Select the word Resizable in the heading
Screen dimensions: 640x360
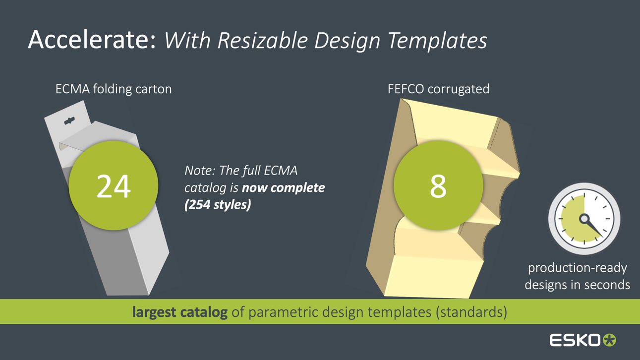point(263,40)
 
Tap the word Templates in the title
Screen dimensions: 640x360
point(437,41)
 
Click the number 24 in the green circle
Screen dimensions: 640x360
point(114,186)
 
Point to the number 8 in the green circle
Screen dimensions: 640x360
point(438,186)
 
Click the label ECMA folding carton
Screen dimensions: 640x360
point(114,89)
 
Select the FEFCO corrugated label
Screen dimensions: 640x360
point(438,89)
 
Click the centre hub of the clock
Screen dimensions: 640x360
point(584,219)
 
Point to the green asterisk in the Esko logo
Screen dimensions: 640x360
point(609,340)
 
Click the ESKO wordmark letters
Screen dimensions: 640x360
point(575,340)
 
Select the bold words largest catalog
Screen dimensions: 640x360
point(180,312)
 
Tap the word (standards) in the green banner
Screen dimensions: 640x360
point(471,312)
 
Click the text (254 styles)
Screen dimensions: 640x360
point(218,205)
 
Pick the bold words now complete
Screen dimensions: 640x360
point(283,188)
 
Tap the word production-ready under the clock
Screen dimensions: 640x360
point(578,268)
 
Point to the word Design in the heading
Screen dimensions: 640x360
point(347,41)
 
